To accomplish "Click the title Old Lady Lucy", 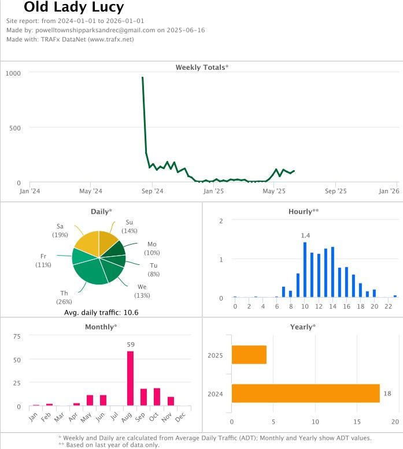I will point(73,8).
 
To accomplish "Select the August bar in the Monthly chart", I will point(130,379).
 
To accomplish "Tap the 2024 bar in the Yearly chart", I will point(305,394).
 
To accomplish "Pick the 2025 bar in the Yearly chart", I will point(249,355).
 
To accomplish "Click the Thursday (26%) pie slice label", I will point(64,297).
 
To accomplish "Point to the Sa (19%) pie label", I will point(60,230).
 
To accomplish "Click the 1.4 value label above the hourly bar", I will point(305,235).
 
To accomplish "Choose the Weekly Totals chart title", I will point(202,68).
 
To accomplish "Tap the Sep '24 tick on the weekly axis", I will point(152,191).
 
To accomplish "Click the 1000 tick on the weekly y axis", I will point(14,73).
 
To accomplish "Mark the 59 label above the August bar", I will point(131,345).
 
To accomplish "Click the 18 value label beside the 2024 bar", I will point(387,394).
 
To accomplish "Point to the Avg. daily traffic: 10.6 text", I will point(101,313).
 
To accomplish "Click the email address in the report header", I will point(95,30).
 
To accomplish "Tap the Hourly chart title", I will point(303,212).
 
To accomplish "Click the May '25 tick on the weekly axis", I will point(274,191).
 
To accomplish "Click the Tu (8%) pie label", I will point(154,270).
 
